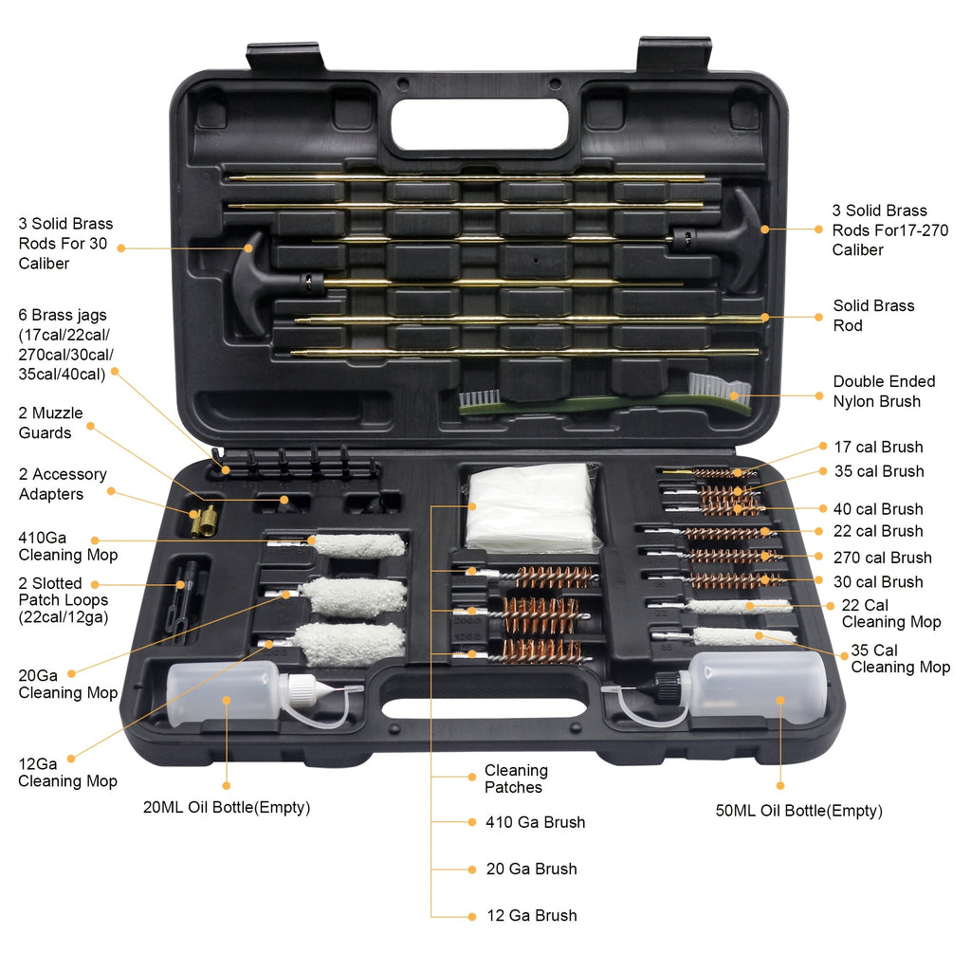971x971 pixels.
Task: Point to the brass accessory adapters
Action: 203,518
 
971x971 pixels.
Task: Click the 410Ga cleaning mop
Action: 357,545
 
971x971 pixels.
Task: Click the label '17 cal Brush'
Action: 877,447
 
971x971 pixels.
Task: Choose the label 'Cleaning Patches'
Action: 515,779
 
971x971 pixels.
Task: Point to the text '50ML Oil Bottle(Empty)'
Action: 798,811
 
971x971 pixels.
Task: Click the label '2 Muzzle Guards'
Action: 51,423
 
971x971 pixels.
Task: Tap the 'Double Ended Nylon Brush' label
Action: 884,391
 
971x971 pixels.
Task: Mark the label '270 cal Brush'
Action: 882,558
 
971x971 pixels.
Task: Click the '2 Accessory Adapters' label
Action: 63,484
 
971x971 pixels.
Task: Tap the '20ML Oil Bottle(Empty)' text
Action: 226,808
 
